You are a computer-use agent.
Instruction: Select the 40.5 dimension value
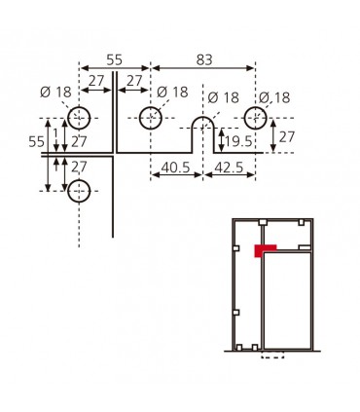coord(175,167)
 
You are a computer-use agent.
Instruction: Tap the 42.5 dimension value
coord(230,167)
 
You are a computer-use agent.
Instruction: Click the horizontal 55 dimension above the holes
coord(114,59)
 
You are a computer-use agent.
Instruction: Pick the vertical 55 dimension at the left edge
coord(37,141)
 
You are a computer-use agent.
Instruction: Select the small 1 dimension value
coord(55,133)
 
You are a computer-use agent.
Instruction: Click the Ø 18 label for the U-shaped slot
coord(224,97)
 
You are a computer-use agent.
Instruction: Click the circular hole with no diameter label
coord(79,190)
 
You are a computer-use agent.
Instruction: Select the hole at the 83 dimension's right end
coord(256,119)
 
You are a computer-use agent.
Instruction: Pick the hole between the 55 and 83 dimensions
coord(150,119)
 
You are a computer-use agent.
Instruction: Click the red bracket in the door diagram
coord(261,249)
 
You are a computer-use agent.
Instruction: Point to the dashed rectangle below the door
coord(273,355)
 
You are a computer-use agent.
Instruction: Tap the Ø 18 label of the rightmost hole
coord(275,97)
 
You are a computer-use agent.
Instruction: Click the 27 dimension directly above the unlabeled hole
coord(79,168)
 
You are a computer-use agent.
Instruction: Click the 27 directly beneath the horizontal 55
coord(96,82)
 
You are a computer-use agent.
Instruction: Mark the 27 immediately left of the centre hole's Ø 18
coord(134,82)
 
